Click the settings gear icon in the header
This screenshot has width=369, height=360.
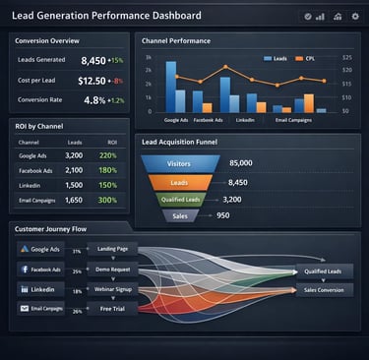coord(354,17)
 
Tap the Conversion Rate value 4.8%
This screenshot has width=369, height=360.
coord(94,99)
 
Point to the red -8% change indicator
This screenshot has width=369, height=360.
coord(117,81)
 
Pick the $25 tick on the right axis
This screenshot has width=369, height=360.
coord(346,57)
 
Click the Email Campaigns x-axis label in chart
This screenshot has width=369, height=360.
coord(294,119)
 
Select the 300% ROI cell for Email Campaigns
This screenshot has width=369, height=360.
coord(107,200)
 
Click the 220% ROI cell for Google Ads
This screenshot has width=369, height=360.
coord(107,155)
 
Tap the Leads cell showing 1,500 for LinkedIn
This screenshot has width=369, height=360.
coord(74,185)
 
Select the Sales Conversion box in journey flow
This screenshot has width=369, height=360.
coord(324,290)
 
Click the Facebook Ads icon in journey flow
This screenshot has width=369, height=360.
coord(24,269)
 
